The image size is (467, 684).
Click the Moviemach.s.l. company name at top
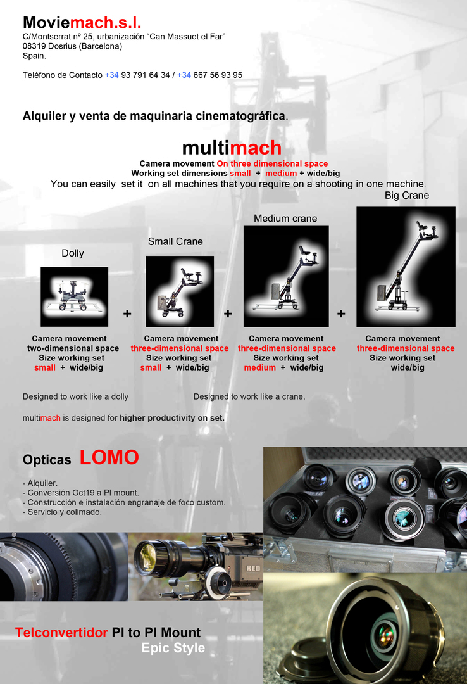click(x=82, y=22)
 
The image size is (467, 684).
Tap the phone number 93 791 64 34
click(x=145, y=75)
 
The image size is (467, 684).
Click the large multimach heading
click(x=232, y=148)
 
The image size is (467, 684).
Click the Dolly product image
click(x=74, y=296)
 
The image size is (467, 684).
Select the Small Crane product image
click(x=180, y=291)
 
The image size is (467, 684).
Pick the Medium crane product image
click(x=286, y=277)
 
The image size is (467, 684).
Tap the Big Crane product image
click(x=406, y=267)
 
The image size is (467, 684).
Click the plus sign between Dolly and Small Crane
click(x=127, y=313)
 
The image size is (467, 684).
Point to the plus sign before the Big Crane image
click(x=342, y=313)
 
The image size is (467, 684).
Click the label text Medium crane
click(x=285, y=218)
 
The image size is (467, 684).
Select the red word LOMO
click(x=109, y=458)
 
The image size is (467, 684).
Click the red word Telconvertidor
click(x=61, y=633)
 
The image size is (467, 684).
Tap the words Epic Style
click(x=173, y=649)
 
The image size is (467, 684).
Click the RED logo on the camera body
click(x=253, y=568)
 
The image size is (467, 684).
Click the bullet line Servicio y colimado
click(x=62, y=512)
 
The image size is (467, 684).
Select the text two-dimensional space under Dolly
click(x=73, y=348)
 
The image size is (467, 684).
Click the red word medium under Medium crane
click(x=260, y=368)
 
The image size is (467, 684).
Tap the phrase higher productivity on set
click(x=171, y=418)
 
